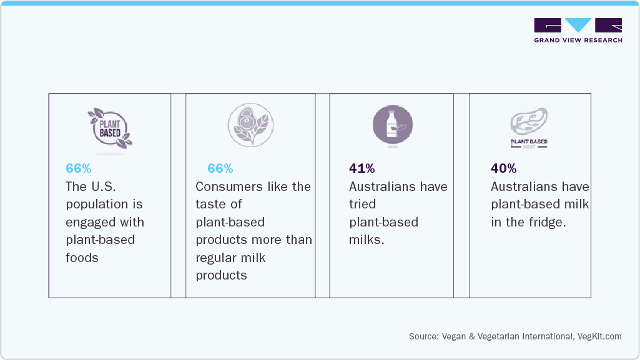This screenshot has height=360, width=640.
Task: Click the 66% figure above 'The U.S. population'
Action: pyautogui.click(x=79, y=168)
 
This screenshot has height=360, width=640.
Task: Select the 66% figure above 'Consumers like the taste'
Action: pyautogui.click(x=220, y=168)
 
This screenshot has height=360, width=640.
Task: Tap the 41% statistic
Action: pyautogui.click(x=362, y=168)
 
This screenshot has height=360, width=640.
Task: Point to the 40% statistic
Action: pyautogui.click(x=503, y=168)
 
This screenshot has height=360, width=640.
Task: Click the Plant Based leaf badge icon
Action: pyautogui.click(x=109, y=129)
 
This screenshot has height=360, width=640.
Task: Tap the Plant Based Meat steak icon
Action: pyautogui.click(x=529, y=127)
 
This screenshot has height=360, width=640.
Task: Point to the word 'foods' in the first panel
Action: pyautogui.click(x=82, y=258)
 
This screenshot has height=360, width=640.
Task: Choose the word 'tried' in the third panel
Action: pyautogui.click(x=363, y=204)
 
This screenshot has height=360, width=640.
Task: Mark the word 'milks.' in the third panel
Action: pyautogui.click(x=367, y=240)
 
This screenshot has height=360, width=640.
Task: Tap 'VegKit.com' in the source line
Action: pyautogui.click(x=599, y=336)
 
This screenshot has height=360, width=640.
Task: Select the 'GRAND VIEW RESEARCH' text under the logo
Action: pyautogui.click(x=578, y=40)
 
